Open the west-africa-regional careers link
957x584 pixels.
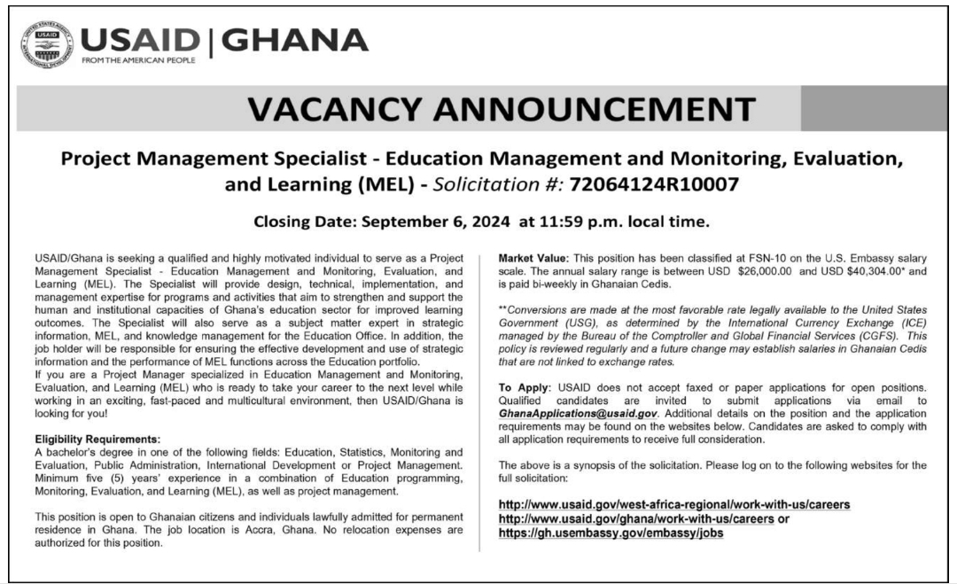tap(674, 504)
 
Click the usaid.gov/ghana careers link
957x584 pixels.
tap(635, 518)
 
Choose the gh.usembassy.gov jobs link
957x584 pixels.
tap(605, 533)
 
